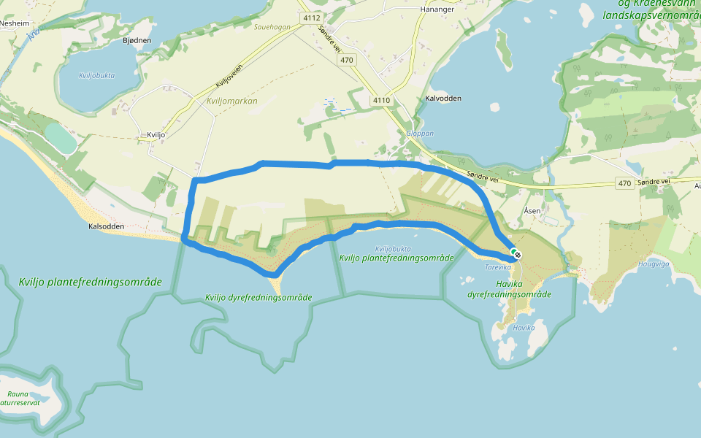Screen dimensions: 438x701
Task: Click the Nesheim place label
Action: pyautogui.click(x=15, y=23)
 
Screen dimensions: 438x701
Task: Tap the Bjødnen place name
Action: pyautogui.click(x=137, y=41)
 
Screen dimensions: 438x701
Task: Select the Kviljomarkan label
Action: pyautogui.click(x=232, y=101)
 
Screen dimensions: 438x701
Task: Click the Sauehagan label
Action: pyautogui.click(x=272, y=27)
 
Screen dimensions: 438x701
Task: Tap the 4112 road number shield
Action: pyautogui.click(x=310, y=17)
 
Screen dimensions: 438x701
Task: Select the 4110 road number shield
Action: pyautogui.click(x=381, y=100)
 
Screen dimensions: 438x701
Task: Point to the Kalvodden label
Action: pyautogui.click(x=443, y=98)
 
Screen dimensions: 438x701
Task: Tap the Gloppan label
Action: pyautogui.click(x=420, y=134)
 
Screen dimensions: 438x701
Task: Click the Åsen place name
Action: pyautogui.click(x=532, y=210)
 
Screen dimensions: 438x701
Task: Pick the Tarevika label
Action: pyautogui.click(x=498, y=267)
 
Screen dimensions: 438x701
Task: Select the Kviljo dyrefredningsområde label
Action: pyautogui.click(x=258, y=297)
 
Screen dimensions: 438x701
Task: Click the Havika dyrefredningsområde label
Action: pyautogui.click(x=509, y=289)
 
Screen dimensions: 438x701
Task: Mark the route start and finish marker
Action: pyautogui.click(x=516, y=254)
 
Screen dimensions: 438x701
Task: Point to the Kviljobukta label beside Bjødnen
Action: pyautogui.click(x=97, y=75)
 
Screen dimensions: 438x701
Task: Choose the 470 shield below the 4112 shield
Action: pyautogui.click(x=347, y=60)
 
